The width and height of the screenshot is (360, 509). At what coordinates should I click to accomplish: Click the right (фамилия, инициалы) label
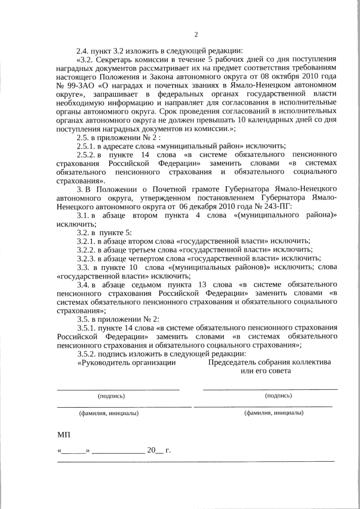coord(273,413)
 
